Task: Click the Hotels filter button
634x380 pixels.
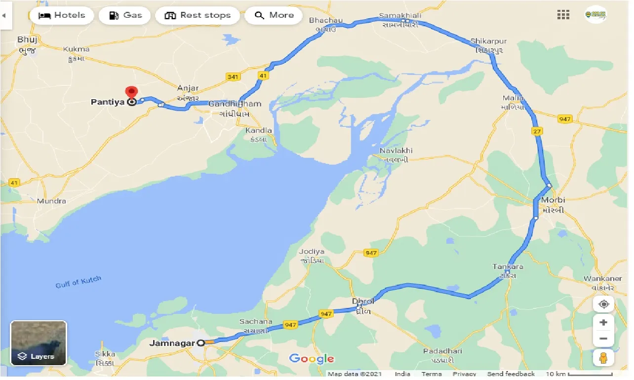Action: pyautogui.click(x=61, y=15)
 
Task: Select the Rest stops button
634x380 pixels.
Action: pyautogui.click(x=198, y=15)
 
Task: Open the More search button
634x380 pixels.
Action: pyautogui.click(x=274, y=15)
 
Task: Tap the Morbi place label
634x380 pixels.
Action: pyautogui.click(x=553, y=200)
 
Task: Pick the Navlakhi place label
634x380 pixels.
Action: pyautogui.click(x=396, y=151)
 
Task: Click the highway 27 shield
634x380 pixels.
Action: pyautogui.click(x=537, y=131)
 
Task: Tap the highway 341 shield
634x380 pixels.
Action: pyautogui.click(x=233, y=76)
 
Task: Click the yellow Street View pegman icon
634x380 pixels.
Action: pyautogui.click(x=603, y=358)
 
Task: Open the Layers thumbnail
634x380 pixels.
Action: pyautogui.click(x=39, y=343)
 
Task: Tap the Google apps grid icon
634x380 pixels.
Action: pyautogui.click(x=563, y=15)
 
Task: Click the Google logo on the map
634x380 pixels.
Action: pyautogui.click(x=311, y=359)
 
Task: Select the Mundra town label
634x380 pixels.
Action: pyautogui.click(x=51, y=201)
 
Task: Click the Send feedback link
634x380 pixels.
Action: pyautogui.click(x=511, y=374)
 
